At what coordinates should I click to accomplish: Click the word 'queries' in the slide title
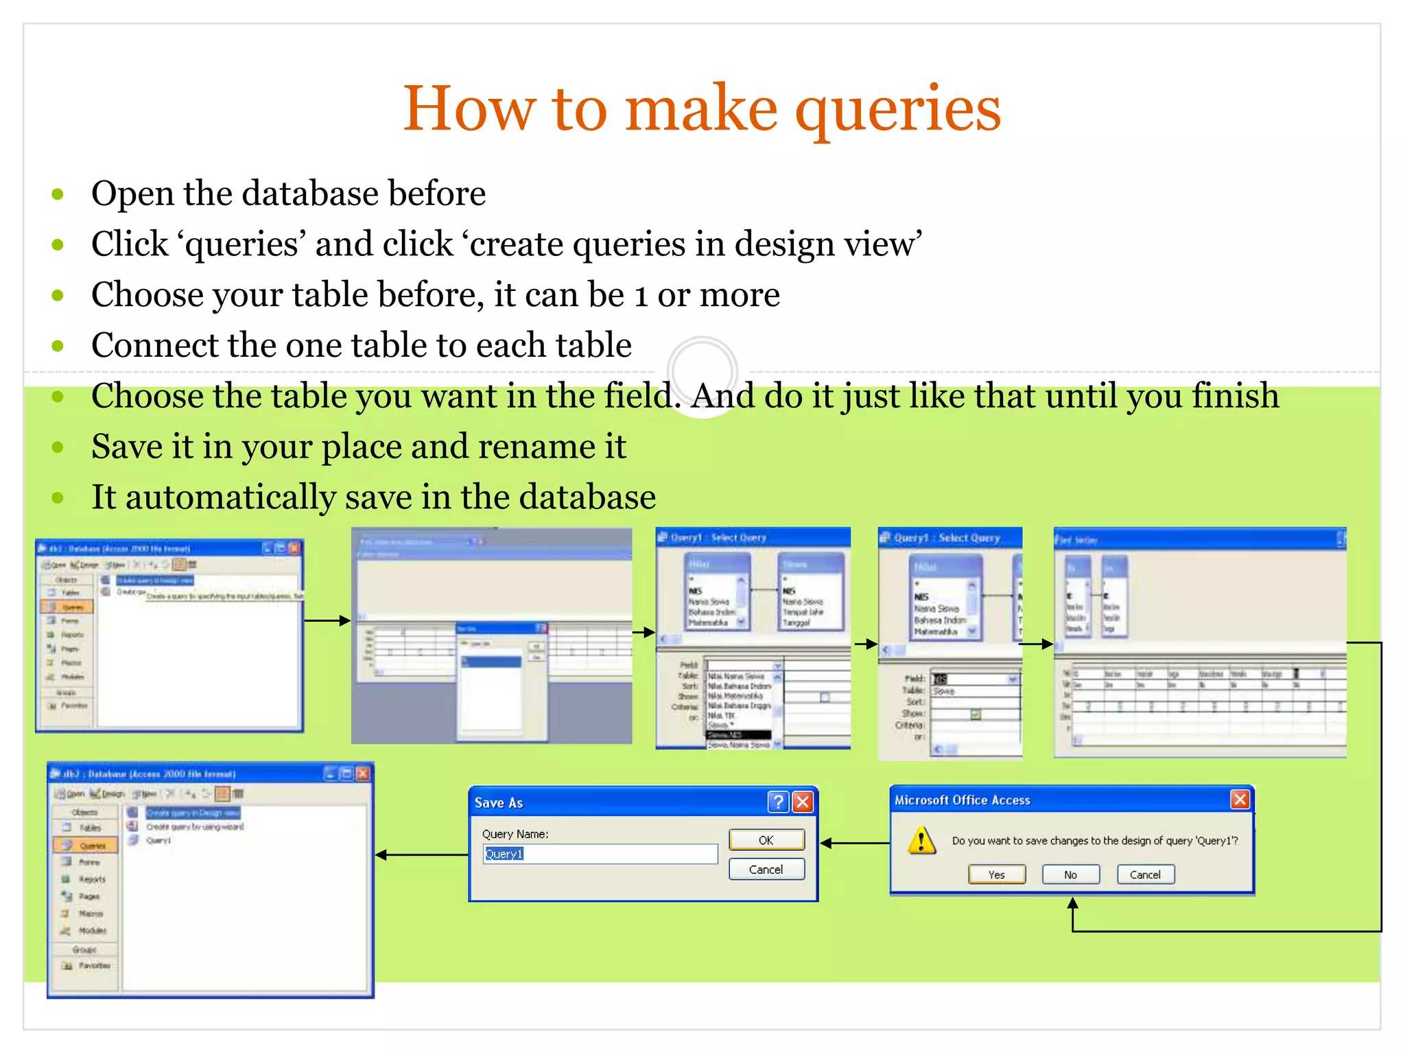pos(897,110)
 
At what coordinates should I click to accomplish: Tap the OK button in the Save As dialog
pos(766,840)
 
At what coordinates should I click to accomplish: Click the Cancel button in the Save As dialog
pos(766,869)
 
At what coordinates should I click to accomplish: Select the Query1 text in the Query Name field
pos(504,854)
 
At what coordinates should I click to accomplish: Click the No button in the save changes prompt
pos(1070,874)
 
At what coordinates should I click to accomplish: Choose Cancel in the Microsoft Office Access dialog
pos(1145,874)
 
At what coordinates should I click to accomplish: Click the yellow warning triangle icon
pos(921,840)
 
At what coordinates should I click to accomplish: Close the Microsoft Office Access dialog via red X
pos(1239,799)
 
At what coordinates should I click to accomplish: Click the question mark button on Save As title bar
pos(777,801)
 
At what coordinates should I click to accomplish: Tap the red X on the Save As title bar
pos(803,801)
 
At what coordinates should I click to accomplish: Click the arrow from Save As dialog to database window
pos(421,855)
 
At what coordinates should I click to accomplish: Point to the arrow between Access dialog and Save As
pos(854,843)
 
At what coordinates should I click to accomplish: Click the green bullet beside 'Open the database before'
pos(58,194)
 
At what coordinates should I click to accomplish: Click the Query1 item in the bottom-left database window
pos(158,841)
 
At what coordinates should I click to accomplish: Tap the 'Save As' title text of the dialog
pos(498,803)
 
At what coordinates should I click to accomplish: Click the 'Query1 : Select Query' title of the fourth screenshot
pos(947,538)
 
